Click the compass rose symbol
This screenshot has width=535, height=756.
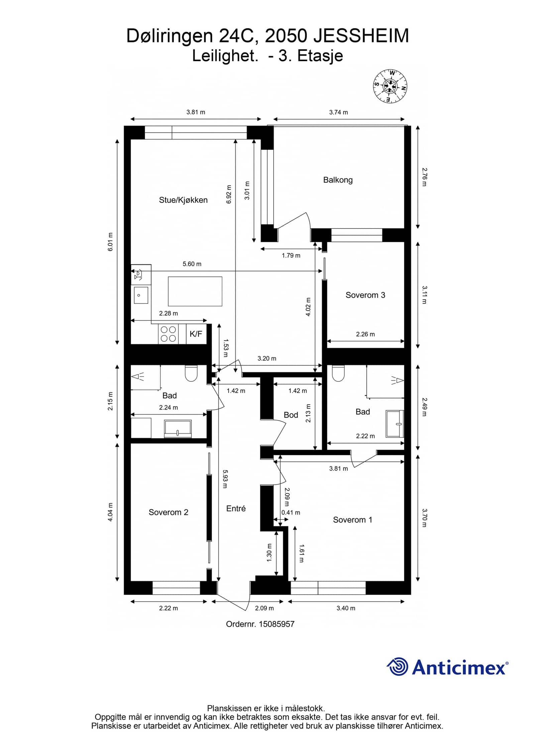[390, 86]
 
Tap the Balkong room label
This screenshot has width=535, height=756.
[338, 180]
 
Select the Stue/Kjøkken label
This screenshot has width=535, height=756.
[183, 200]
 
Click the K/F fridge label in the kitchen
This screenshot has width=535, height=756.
[196, 334]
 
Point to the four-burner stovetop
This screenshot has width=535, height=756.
[168, 334]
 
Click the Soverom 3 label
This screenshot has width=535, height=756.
[365, 295]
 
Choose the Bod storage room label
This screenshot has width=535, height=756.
[291, 415]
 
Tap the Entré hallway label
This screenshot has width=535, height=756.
[236, 508]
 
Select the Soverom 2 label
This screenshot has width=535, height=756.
[168, 512]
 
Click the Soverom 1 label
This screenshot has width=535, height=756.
[352, 519]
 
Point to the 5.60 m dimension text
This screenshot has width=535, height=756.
[192, 264]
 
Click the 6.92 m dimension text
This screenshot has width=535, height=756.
[229, 194]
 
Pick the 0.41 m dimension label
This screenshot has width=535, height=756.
[291, 512]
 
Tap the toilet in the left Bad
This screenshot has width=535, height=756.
[191, 373]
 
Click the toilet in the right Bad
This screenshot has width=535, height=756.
[338, 373]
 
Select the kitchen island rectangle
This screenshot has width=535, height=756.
[195, 291]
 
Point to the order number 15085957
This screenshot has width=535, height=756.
[277, 624]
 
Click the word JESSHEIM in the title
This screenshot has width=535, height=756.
[361, 36]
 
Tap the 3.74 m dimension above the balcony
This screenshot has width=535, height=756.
[338, 112]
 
